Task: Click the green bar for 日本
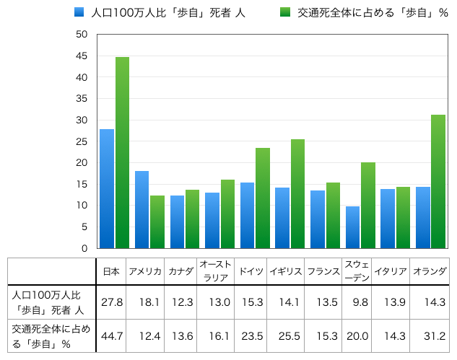(122, 153)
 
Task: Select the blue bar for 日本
(107, 189)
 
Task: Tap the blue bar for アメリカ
(142, 210)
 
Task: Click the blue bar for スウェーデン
(352, 227)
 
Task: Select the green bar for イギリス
(297, 194)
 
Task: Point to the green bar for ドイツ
(263, 198)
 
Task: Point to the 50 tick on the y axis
(82, 35)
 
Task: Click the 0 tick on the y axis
(84, 248)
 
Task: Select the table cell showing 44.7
(111, 336)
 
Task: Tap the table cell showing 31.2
(430, 336)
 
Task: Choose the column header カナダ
(180, 271)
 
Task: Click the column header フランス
(323, 271)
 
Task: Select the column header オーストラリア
(215, 271)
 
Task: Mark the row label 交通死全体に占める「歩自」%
(51, 336)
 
